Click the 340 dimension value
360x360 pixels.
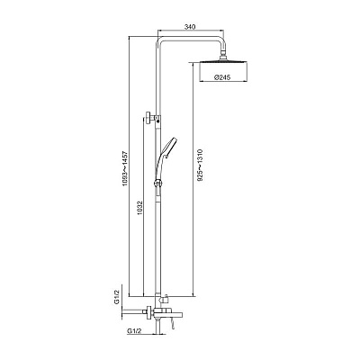click(190, 27)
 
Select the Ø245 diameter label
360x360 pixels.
click(222, 77)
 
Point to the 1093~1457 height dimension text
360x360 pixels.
click(125, 168)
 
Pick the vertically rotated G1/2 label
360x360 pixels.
click(117, 297)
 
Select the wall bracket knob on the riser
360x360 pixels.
click(148, 117)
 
